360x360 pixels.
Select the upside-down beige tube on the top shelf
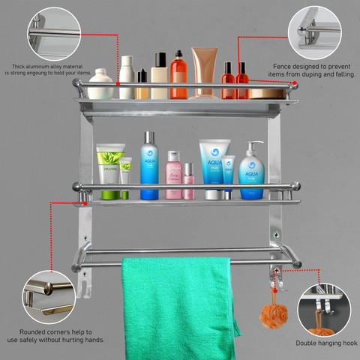tap(204, 71)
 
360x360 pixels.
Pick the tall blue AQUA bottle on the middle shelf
tap(149, 166)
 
